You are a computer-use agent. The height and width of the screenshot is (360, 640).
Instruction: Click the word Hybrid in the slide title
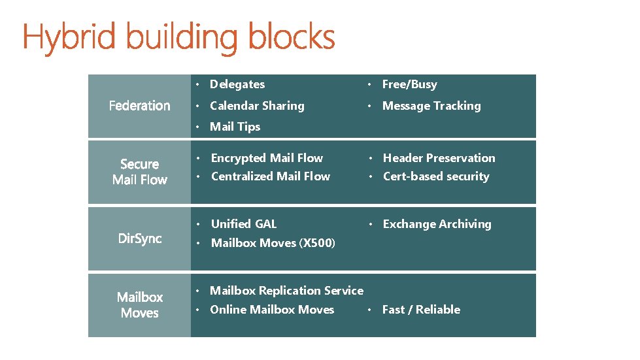coord(70,38)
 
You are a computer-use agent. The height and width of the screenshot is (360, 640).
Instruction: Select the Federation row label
coord(139,106)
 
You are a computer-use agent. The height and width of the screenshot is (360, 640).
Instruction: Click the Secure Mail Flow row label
coord(139,172)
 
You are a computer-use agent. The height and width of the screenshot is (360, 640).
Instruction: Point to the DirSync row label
coord(139,238)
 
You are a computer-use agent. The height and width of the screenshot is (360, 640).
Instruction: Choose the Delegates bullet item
coord(237,84)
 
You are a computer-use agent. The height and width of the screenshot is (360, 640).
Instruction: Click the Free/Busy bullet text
coord(409,84)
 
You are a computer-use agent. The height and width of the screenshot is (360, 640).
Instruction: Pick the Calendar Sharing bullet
coord(257,106)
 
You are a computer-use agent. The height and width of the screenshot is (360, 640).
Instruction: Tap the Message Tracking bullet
coord(431,106)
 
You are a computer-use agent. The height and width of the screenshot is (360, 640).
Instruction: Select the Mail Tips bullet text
coord(235,127)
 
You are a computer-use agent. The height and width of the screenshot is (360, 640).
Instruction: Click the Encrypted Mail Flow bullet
coord(267,158)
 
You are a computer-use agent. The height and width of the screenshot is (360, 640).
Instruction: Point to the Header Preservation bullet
coord(439,158)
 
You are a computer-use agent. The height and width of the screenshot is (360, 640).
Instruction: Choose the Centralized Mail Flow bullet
coord(271,176)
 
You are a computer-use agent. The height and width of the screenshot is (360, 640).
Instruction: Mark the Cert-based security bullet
coord(436,176)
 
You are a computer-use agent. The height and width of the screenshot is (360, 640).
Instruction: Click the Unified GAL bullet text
coord(244,224)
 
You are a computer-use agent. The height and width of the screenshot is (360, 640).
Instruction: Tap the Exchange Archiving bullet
coord(437,224)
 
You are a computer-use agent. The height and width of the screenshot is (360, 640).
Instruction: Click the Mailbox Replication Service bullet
coord(286,291)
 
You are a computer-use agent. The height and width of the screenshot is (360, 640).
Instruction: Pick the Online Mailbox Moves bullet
coord(272,310)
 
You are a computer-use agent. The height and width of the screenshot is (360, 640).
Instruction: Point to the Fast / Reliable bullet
coord(421,310)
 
